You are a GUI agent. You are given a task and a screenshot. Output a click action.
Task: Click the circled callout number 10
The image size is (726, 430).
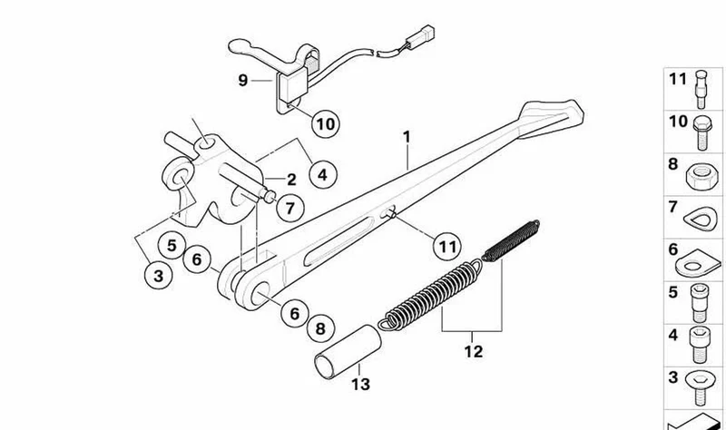click(326, 124)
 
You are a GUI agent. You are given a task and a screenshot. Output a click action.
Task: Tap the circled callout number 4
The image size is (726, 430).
click(322, 174)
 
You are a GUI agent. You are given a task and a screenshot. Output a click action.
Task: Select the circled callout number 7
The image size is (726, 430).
click(289, 208)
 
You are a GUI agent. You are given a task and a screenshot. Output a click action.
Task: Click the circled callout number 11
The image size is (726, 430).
click(447, 246)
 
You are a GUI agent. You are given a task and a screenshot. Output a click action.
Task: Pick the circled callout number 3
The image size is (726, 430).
click(158, 276)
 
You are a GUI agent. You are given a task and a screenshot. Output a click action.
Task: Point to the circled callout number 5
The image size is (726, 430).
click(172, 245)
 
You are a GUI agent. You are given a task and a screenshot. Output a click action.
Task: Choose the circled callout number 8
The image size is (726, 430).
click(320, 328)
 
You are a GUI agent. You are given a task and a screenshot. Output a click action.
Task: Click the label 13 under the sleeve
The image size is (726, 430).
click(360, 384)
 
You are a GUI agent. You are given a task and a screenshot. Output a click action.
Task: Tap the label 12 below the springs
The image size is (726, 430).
click(473, 351)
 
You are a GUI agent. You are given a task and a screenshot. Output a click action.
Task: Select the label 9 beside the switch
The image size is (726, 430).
click(242, 81)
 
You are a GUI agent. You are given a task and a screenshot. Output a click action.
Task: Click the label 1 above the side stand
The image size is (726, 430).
click(407, 137)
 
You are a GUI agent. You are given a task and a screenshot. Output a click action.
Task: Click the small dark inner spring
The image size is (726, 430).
click(511, 240)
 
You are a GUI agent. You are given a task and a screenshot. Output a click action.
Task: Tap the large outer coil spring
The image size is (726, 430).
click(430, 297)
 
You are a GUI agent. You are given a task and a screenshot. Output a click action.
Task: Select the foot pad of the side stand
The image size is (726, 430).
click(550, 120)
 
